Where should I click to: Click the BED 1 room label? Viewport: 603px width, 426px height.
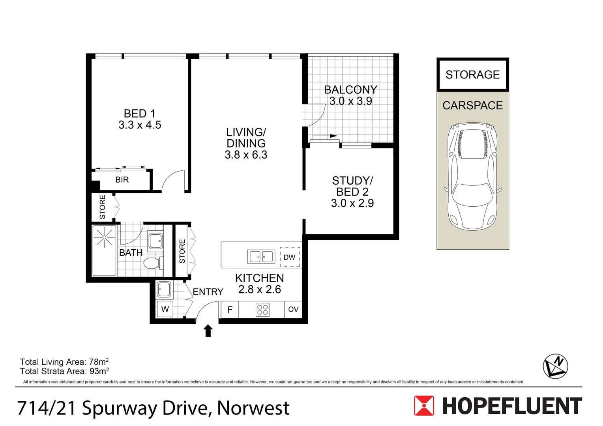[139, 114]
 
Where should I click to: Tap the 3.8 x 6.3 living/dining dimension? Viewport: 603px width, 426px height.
[246, 155]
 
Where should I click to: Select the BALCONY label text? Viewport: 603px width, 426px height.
[350, 90]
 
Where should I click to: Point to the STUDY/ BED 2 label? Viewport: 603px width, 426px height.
[352, 186]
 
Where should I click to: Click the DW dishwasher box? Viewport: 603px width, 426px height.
[290, 257]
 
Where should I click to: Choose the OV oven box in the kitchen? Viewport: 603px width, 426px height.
[293, 310]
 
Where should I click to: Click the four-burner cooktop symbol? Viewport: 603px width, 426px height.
[263, 310]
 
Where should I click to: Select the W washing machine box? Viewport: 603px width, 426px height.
[165, 310]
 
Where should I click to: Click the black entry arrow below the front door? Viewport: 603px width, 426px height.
[208, 331]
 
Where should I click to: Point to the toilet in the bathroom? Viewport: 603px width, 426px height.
[152, 263]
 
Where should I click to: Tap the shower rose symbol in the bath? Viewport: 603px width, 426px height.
[104, 237]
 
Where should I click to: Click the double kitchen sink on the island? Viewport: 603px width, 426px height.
[261, 257]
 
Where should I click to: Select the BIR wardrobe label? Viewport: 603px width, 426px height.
[122, 180]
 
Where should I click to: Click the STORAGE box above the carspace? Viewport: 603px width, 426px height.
[472, 75]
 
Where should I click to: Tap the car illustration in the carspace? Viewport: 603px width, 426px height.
[472, 176]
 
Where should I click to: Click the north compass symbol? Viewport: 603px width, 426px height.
[555, 366]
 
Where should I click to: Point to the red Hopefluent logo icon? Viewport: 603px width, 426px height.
[424, 406]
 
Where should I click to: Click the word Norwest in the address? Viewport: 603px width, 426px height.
[253, 408]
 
